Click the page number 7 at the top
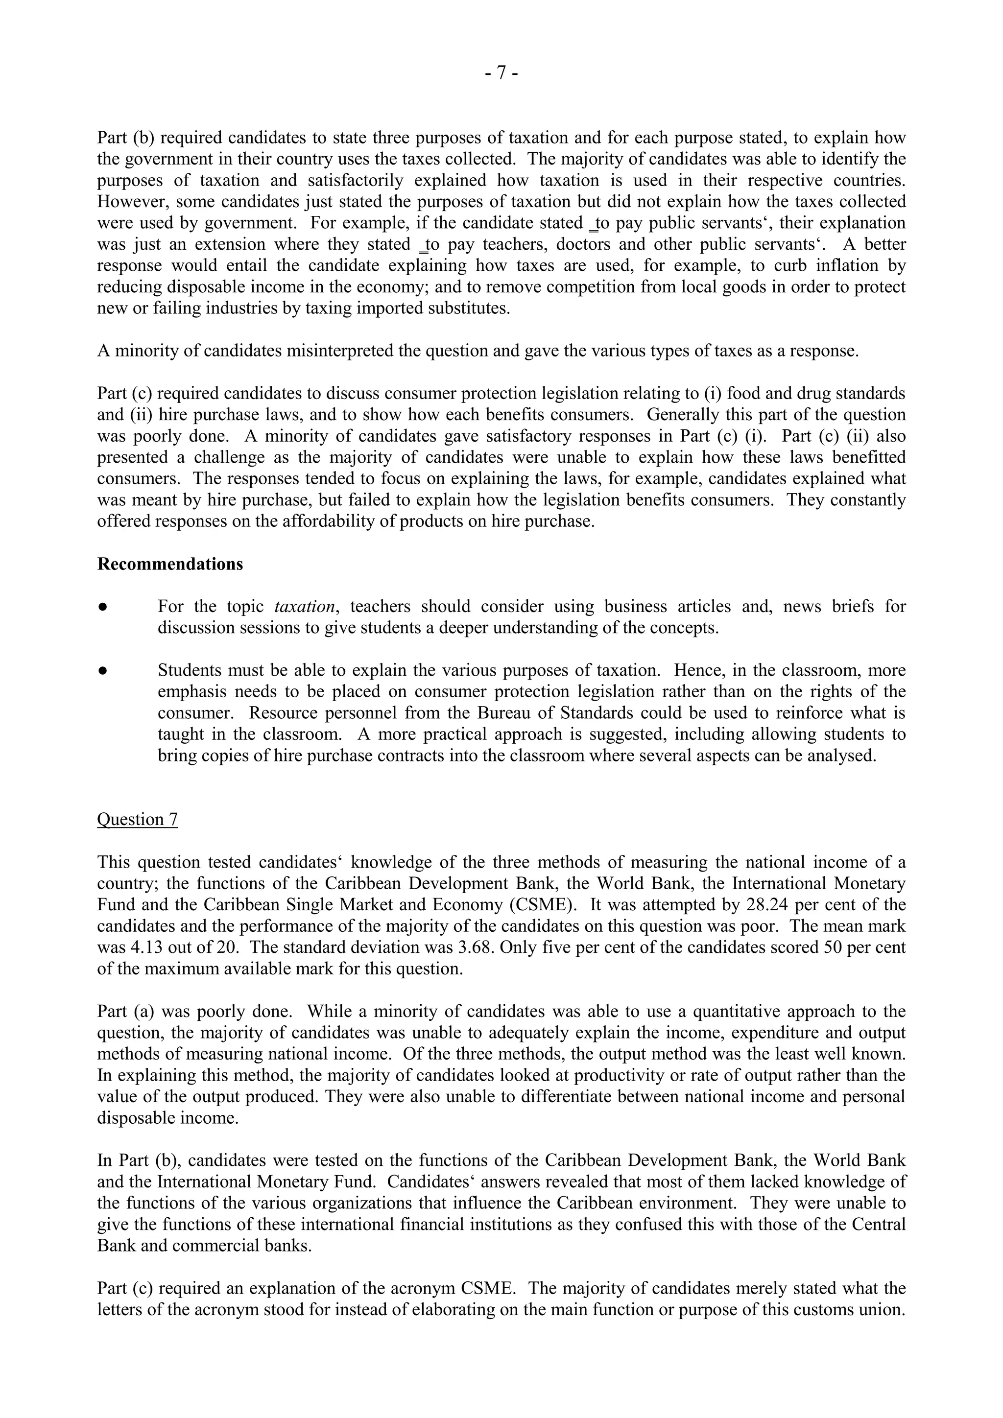click(x=501, y=73)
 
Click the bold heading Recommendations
click(x=170, y=565)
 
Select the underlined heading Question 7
click(x=137, y=820)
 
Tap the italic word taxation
click(x=304, y=607)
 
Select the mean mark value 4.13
click(x=133, y=947)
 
